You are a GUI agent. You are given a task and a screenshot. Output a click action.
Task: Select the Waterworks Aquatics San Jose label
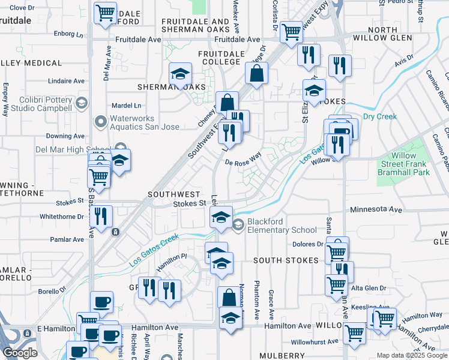tap(144, 122)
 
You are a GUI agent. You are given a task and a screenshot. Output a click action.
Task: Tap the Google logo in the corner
tap(20, 353)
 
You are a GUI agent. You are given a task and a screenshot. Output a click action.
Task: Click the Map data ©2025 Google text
tap(411, 355)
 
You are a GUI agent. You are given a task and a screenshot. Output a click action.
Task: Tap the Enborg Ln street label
tap(68, 34)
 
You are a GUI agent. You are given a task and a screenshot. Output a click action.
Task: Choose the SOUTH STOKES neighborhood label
tap(285, 260)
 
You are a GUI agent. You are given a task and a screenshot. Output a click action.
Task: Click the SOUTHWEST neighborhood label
tap(173, 194)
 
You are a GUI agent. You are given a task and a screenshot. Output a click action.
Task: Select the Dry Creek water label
tap(379, 116)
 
